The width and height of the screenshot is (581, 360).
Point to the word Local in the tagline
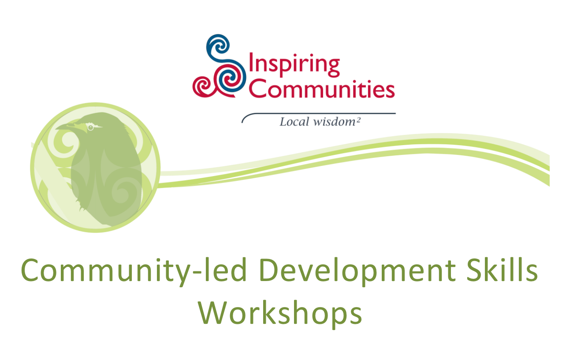[x=294, y=121]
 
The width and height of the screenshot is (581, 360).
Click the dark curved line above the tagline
[x=317, y=113]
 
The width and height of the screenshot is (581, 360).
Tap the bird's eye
[x=90, y=127]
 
